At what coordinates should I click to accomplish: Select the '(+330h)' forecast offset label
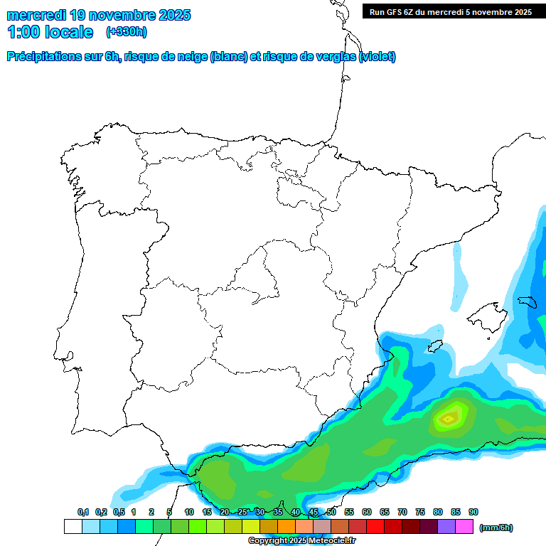(x=127, y=32)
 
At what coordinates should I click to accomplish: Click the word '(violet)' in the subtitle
(x=378, y=57)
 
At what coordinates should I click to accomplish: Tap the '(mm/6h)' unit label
(x=496, y=528)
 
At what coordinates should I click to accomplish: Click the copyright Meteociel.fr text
(x=302, y=541)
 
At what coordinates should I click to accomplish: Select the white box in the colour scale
(x=73, y=526)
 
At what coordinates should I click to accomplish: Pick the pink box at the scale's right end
(x=464, y=526)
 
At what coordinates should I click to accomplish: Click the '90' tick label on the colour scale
(x=473, y=512)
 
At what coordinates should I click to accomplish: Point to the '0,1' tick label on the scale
(x=83, y=512)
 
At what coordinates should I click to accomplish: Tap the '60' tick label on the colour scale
(x=367, y=512)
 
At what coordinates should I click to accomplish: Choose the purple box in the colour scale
(x=446, y=526)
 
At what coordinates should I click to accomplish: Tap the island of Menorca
(x=527, y=301)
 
